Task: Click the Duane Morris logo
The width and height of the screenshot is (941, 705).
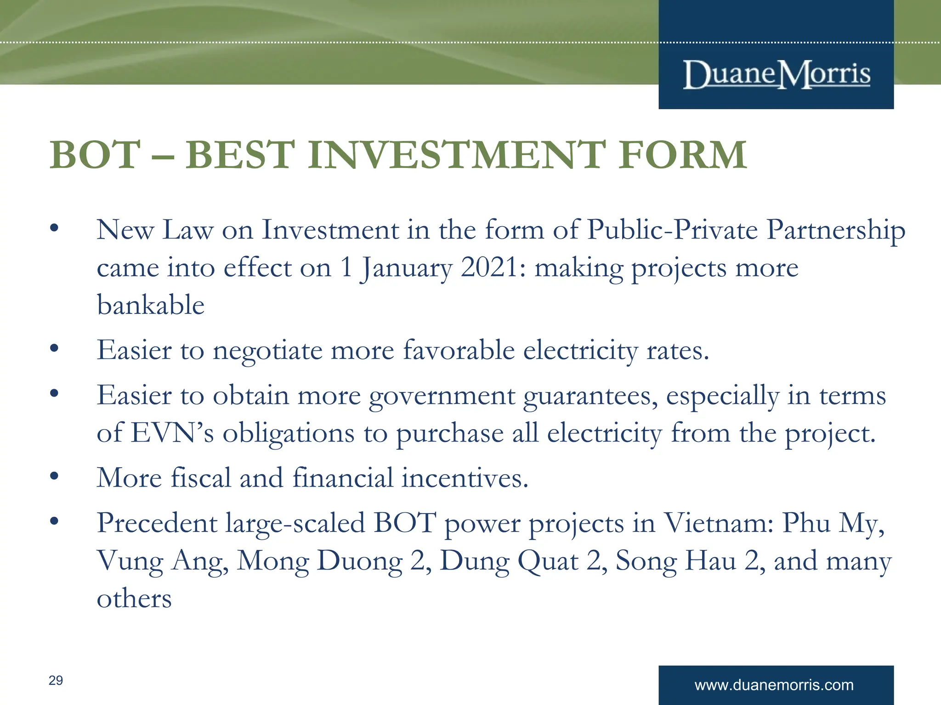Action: tap(777, 74)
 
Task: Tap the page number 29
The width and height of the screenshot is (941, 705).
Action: tap(56, 680)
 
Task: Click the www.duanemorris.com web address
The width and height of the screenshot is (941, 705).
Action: tap(774, 685)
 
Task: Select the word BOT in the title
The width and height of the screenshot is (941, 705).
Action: tap(95, 155)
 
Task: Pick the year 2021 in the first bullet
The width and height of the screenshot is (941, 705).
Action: tap(490, 267)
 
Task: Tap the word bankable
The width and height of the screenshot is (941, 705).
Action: tap(151, 305)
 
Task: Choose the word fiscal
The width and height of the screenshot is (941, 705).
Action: tap(201, 477)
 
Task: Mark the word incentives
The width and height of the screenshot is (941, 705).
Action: tap(465, 478)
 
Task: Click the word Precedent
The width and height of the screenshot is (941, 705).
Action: tap(157, 523)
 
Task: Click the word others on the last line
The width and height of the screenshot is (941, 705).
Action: tap(134, 599)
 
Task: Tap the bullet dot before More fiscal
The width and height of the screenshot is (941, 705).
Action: tap(54, 476)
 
